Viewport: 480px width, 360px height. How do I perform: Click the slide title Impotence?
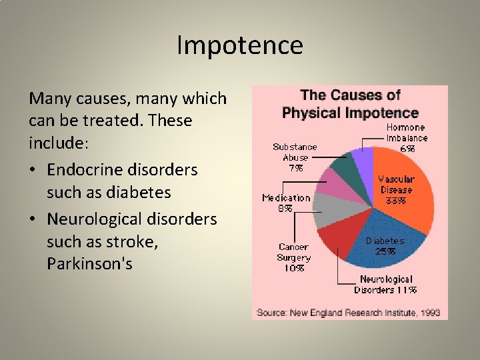click(x=240, y=45)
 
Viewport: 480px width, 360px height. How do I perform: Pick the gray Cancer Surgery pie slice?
click(x=327, y=211)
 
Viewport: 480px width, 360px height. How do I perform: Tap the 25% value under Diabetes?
click(x=385, y=251)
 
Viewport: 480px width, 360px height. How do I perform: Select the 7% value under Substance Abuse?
click(x=295, y=168)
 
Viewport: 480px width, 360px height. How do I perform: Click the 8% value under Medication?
click(x=285, y=208)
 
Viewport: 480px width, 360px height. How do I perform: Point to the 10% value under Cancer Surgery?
click(x=294, y=268)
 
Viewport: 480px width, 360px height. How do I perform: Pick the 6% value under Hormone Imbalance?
click(x=407, y=149)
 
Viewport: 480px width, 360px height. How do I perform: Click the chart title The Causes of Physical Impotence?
click(x=349, y=104)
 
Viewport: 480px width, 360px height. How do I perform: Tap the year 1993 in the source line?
click(x=429, y=312)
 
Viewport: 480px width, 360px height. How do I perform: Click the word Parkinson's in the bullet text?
click(x=89, y=264)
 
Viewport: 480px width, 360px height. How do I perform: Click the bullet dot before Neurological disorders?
click(x=33, y=219)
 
